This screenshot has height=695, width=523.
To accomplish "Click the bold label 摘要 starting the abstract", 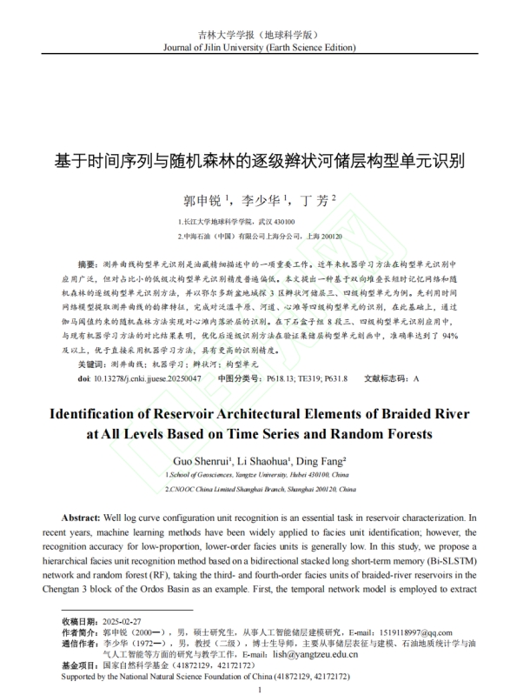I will coord(88,262).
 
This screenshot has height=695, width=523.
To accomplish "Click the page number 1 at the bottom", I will coord(261,689).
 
